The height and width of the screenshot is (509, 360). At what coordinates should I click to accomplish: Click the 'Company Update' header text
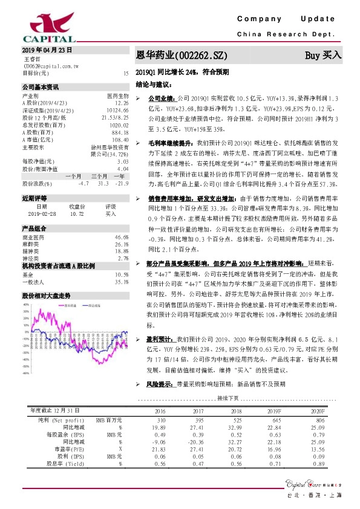coord(290,19)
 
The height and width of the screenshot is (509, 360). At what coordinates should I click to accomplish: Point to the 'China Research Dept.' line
coord(290,34)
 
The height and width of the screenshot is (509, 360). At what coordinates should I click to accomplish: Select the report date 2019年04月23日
coord(47,50)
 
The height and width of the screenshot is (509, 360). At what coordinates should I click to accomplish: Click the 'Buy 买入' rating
coord(323,54)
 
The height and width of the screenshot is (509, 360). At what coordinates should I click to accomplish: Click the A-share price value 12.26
coord(121,103)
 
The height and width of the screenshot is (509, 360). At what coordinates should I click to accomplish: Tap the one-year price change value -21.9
coord(122,183)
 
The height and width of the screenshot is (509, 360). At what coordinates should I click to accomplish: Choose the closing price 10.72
coord(77,213)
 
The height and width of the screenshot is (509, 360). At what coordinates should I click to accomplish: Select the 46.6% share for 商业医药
coord(122,238)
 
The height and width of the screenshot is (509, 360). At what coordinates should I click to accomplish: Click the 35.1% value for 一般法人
coord(122,282)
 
